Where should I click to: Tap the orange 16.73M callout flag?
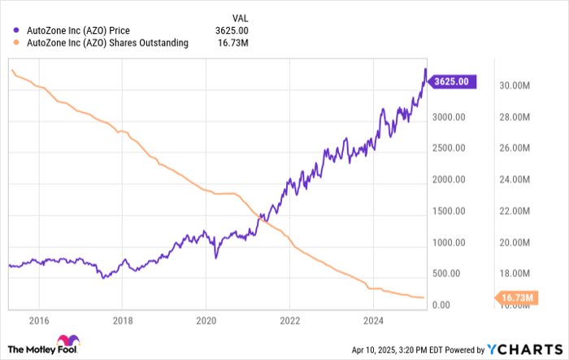(x=516, y=298)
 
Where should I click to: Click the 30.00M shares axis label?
(x=515, y=85)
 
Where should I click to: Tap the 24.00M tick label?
(x=515, y=180)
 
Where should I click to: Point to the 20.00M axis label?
(x=515, y=242)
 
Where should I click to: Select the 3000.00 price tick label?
(x=448, y=117)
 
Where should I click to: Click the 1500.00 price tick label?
(x=448, y=211)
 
